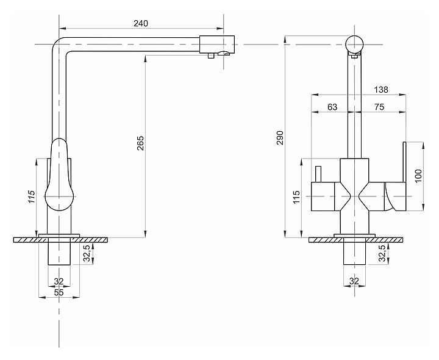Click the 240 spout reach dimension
click(141, 24)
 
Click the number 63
click(332, 107)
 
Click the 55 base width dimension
click(59, 292)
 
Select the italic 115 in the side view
click(31, 197)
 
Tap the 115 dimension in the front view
click(296, 197)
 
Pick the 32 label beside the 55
click(59, 281)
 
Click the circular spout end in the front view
click(355, 45)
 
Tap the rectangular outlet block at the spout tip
click(217, 45)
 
